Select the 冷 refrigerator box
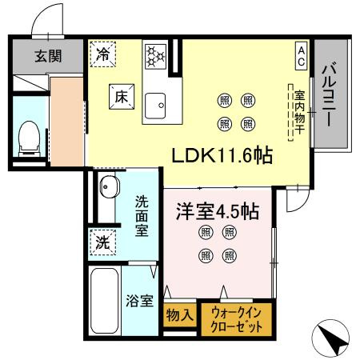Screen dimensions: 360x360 tap(103, 54)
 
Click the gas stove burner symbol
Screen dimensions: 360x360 tap(154, 55)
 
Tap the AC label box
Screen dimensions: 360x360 tap(301, 55)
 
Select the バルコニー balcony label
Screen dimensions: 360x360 tap(328, 96)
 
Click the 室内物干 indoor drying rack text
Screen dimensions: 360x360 tap(298, 112)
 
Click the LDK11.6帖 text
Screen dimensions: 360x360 tap(222, 154)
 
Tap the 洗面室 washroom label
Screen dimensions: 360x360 tap(142, 215)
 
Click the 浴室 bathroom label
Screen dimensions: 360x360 tap(141, 301)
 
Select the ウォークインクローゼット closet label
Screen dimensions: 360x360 tap(238, 320)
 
